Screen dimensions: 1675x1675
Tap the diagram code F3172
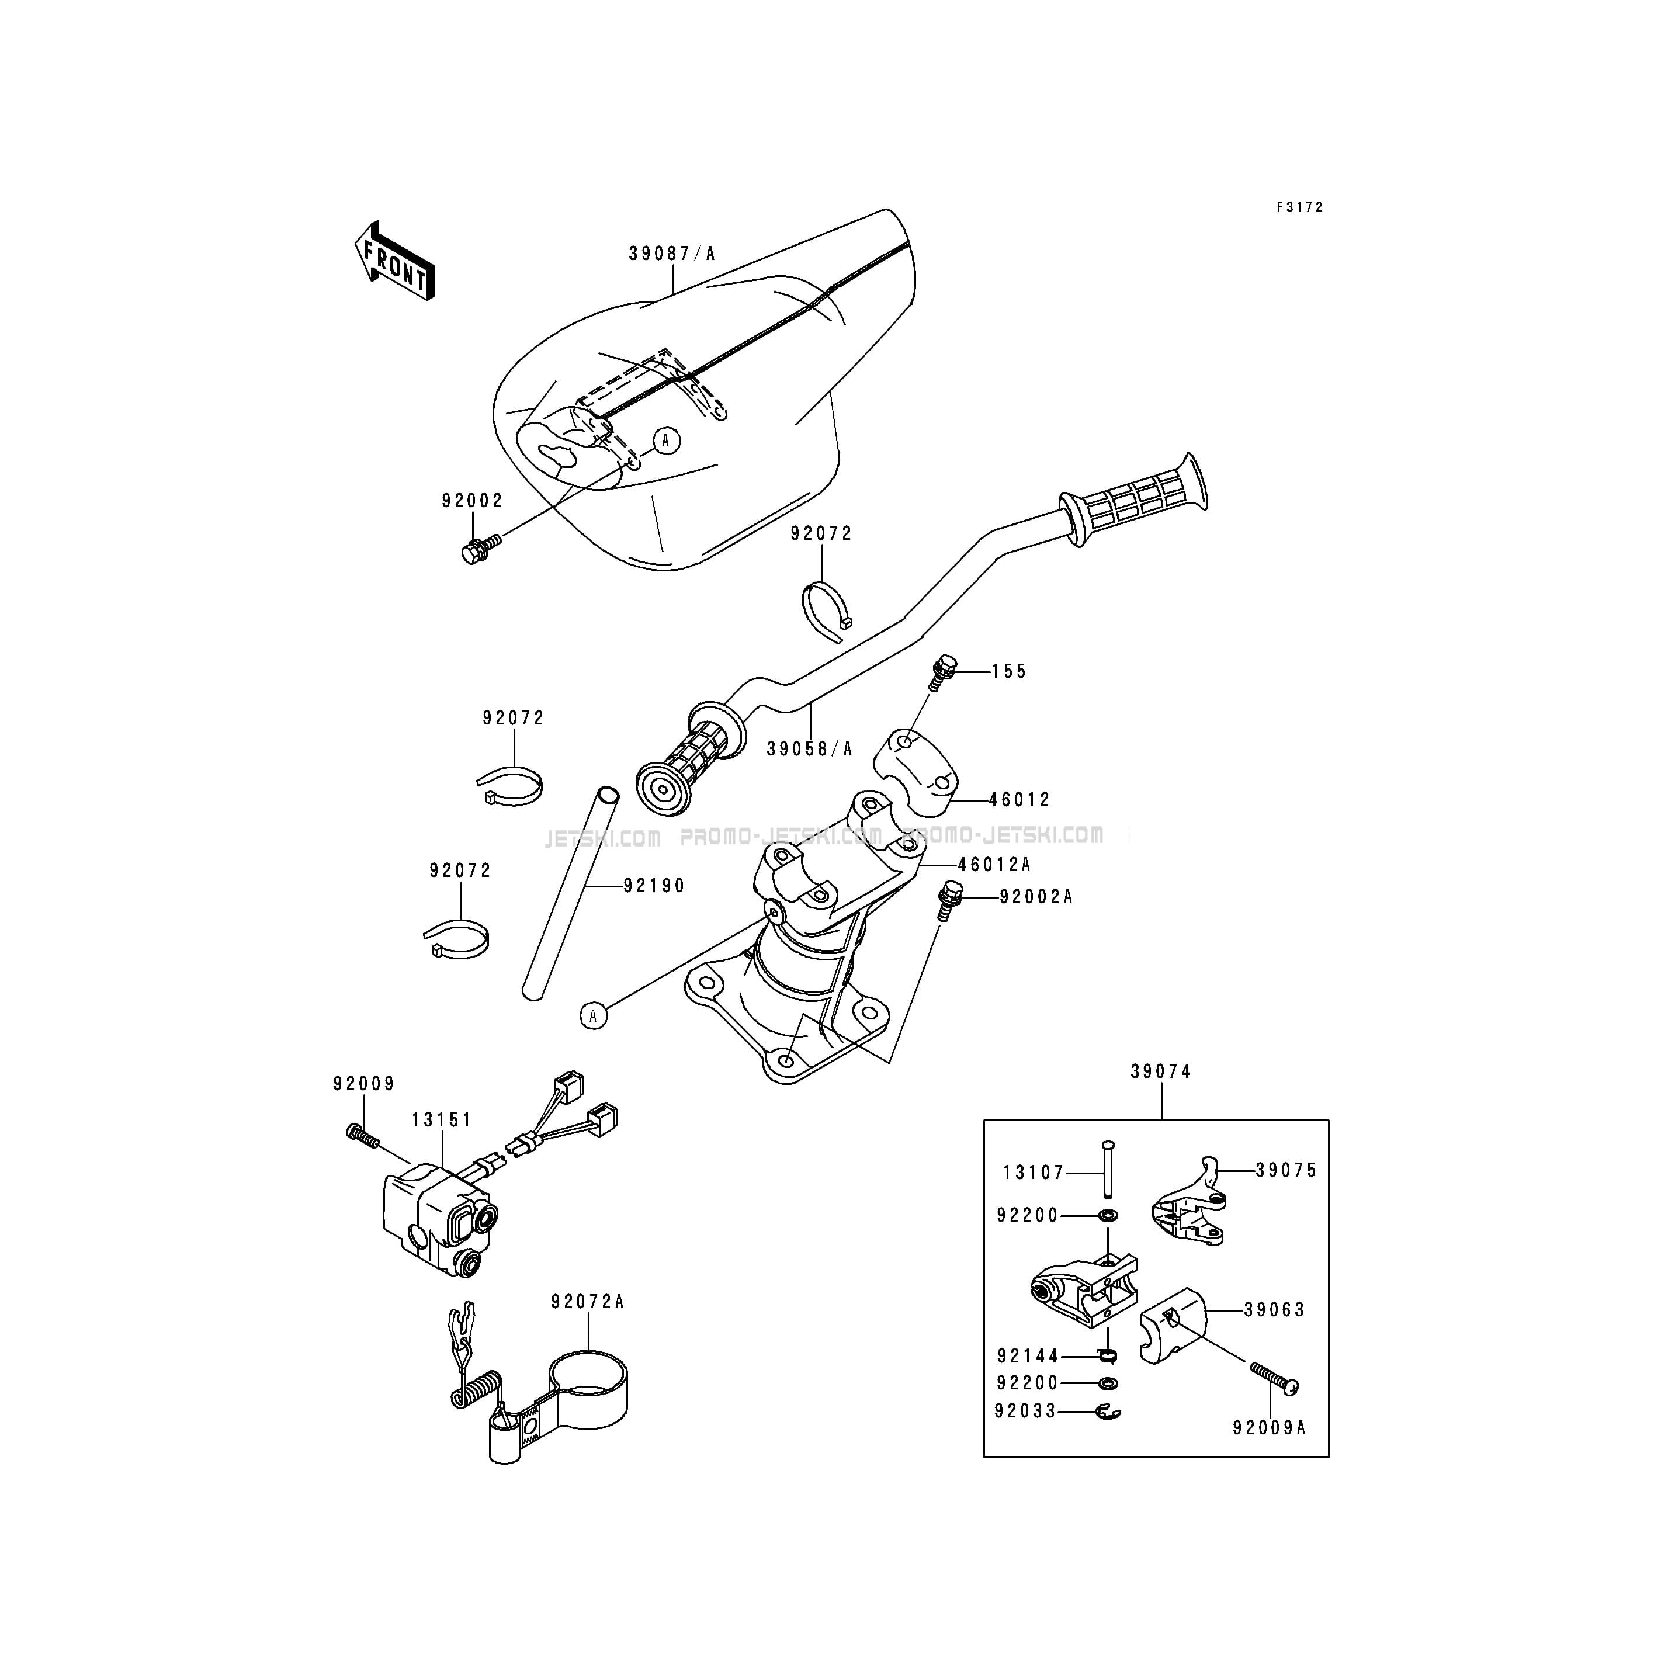tap(1299, 207)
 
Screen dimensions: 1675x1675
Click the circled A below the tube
tap(594, 1014)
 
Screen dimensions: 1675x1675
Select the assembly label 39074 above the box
tap(1161, 1071)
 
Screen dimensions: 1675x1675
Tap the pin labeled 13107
tap(1107, 1170)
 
